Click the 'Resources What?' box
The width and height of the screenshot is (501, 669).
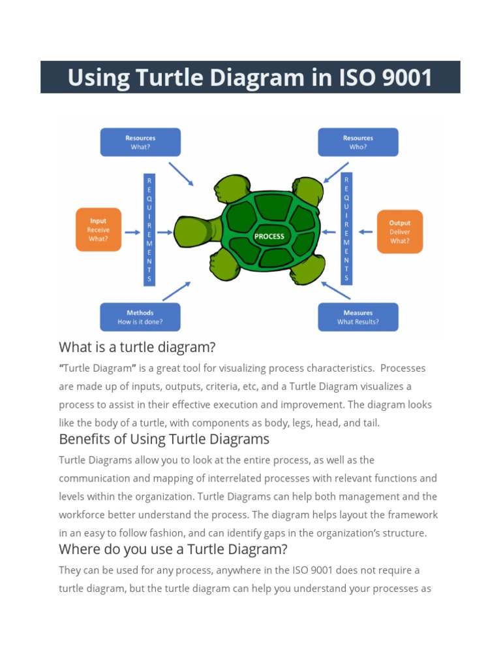(140, 142)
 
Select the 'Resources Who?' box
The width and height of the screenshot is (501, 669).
(357, 142)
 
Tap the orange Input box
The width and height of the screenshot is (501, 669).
(98, 230)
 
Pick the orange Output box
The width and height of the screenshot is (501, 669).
(399, 231)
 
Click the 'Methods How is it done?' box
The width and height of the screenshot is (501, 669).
(140, 317)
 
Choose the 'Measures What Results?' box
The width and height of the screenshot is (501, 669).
(357, 317)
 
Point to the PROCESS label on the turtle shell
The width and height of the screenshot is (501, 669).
(269, 236)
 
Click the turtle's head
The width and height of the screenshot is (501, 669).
(194, 231)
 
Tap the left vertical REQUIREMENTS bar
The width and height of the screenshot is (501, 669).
(149, 229)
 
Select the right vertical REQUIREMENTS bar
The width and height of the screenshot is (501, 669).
(346, 229)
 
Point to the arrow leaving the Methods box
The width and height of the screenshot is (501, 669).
(176, 291)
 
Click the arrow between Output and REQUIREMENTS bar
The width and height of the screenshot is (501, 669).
(366, 231)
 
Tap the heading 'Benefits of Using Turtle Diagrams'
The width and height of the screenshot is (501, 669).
(164, 438)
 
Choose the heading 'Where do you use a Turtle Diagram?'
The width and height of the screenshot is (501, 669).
(173, 548)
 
